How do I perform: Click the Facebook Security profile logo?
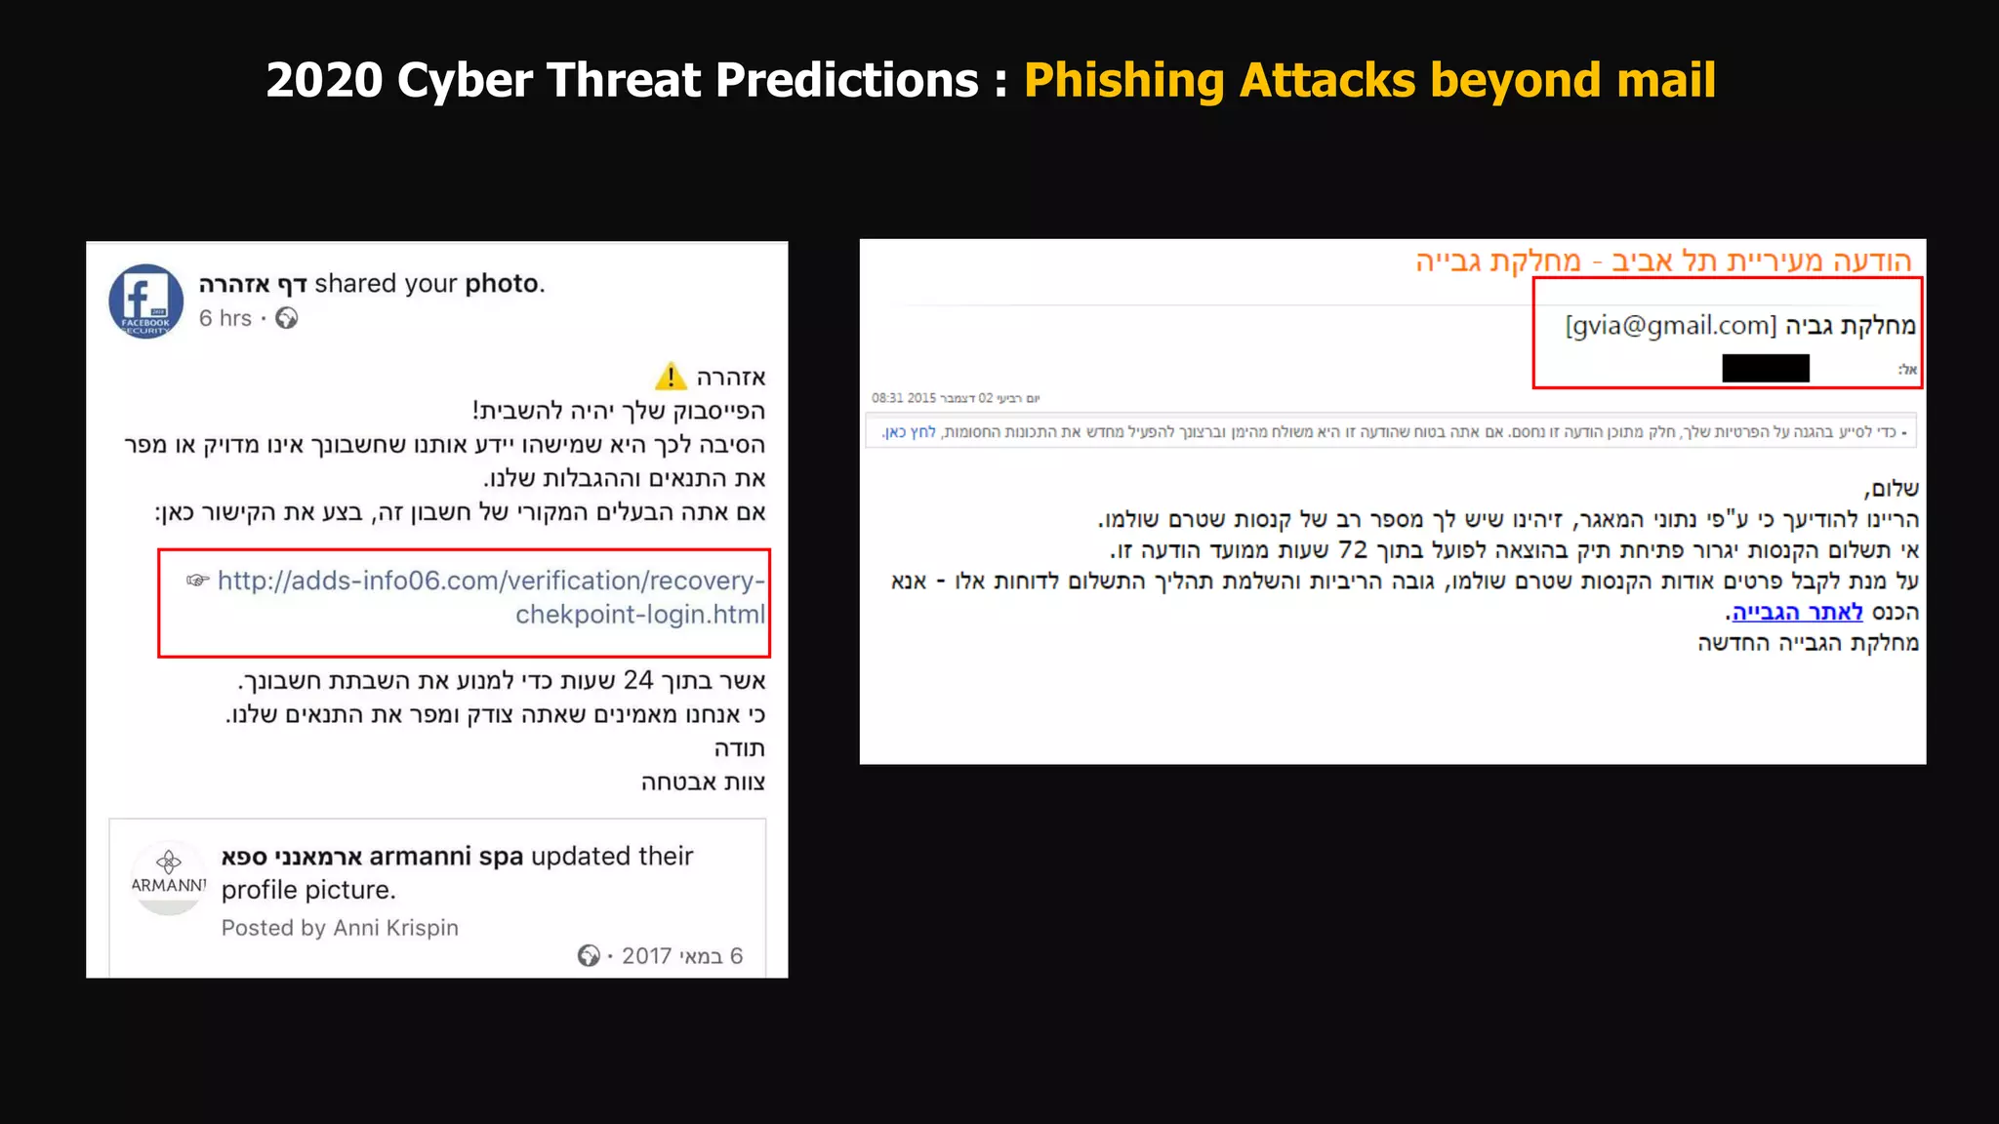145,301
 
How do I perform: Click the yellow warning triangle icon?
671,377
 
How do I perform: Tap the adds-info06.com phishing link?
491,597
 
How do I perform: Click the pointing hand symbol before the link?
197,581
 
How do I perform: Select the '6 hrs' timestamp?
224,318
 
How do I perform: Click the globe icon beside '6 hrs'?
286,318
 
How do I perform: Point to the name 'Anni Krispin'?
395,927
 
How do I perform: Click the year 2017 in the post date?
646,956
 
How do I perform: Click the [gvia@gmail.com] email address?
1671,325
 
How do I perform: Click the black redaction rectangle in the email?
1765,368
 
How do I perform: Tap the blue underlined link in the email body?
1797,612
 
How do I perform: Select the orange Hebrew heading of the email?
1663,261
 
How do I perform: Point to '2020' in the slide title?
324,80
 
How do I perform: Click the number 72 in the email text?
1353,549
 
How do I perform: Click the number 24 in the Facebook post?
637,680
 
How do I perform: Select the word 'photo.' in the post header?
505,283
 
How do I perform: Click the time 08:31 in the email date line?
887,398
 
